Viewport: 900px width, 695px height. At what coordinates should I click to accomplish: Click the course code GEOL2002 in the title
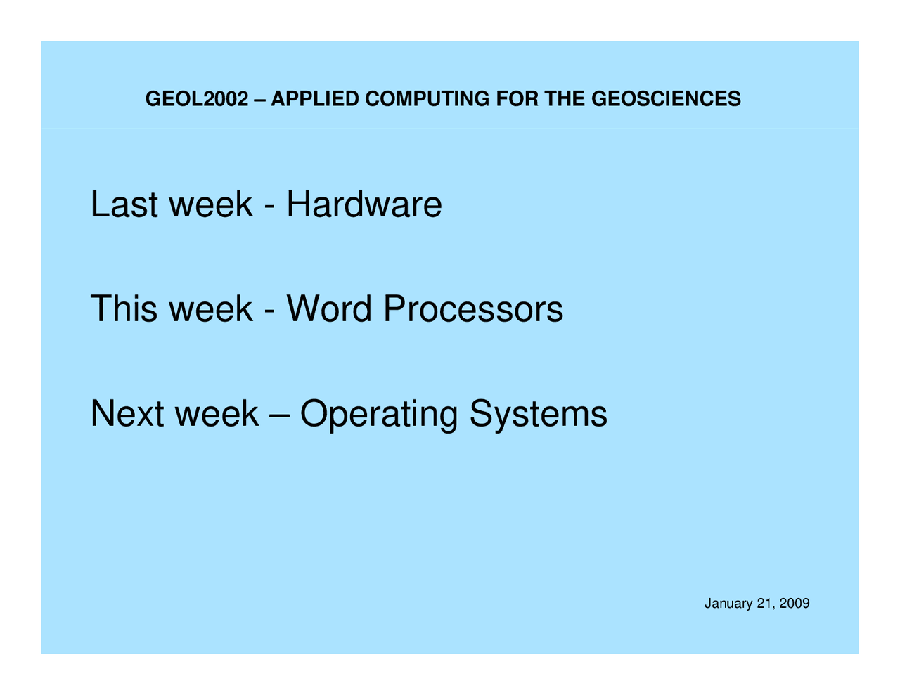click(x=197, y=99)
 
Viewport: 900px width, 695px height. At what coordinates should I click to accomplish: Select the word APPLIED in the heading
click(x=315, y=99)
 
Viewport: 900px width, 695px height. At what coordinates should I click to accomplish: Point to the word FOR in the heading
click(x=517, y=99)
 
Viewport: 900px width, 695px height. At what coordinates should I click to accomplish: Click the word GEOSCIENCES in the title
click(x=666, y=99)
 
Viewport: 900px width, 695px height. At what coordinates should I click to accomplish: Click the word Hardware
click(x=364, y=204)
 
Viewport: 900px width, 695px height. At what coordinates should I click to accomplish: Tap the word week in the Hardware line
click(x=211, y=204)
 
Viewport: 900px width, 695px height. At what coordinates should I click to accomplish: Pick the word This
click(x=124, y=308)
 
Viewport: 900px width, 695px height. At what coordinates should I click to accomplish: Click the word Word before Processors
click(x=329, y=308)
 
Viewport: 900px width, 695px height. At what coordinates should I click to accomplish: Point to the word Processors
click(x=473, y=308)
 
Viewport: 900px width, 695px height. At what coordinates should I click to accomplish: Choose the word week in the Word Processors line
click(x=211, y=308)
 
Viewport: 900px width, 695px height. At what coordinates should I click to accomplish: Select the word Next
click(x=127, y=413)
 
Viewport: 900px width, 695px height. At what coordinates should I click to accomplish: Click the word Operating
click(x=379, y=415)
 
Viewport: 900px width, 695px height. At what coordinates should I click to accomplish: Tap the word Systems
click(x=539, y=415)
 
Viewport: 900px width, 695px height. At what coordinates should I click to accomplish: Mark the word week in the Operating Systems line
click(x=217, y=413)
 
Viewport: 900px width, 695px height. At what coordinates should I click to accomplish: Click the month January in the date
click(x=728, y=604)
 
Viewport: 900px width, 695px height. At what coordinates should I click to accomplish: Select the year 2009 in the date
click(x=795, y=604)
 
